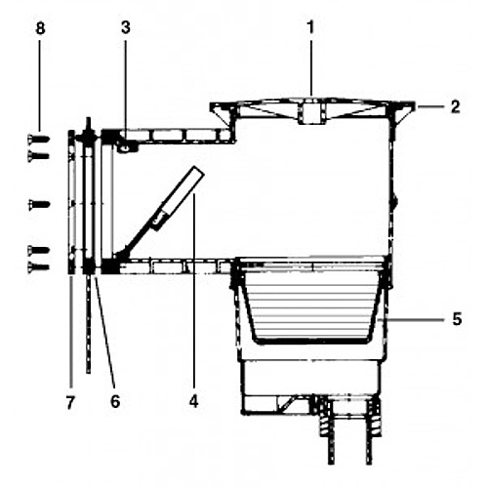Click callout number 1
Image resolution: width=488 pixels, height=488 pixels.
coord(311,27)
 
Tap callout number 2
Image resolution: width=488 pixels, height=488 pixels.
coord(456,107)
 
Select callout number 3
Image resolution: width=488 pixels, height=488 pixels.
coord(126,27)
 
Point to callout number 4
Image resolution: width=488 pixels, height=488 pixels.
coord(193,401)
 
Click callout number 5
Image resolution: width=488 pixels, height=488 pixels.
coord(457,319)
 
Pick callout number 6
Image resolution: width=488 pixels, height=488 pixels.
coord(115,401)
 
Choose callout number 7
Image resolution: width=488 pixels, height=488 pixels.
coord(70,402)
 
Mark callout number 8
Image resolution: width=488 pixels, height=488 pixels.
coord(40,28)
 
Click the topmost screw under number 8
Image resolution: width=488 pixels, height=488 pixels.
coord(38,139)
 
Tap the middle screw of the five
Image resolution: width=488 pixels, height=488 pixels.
coord(39,204)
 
